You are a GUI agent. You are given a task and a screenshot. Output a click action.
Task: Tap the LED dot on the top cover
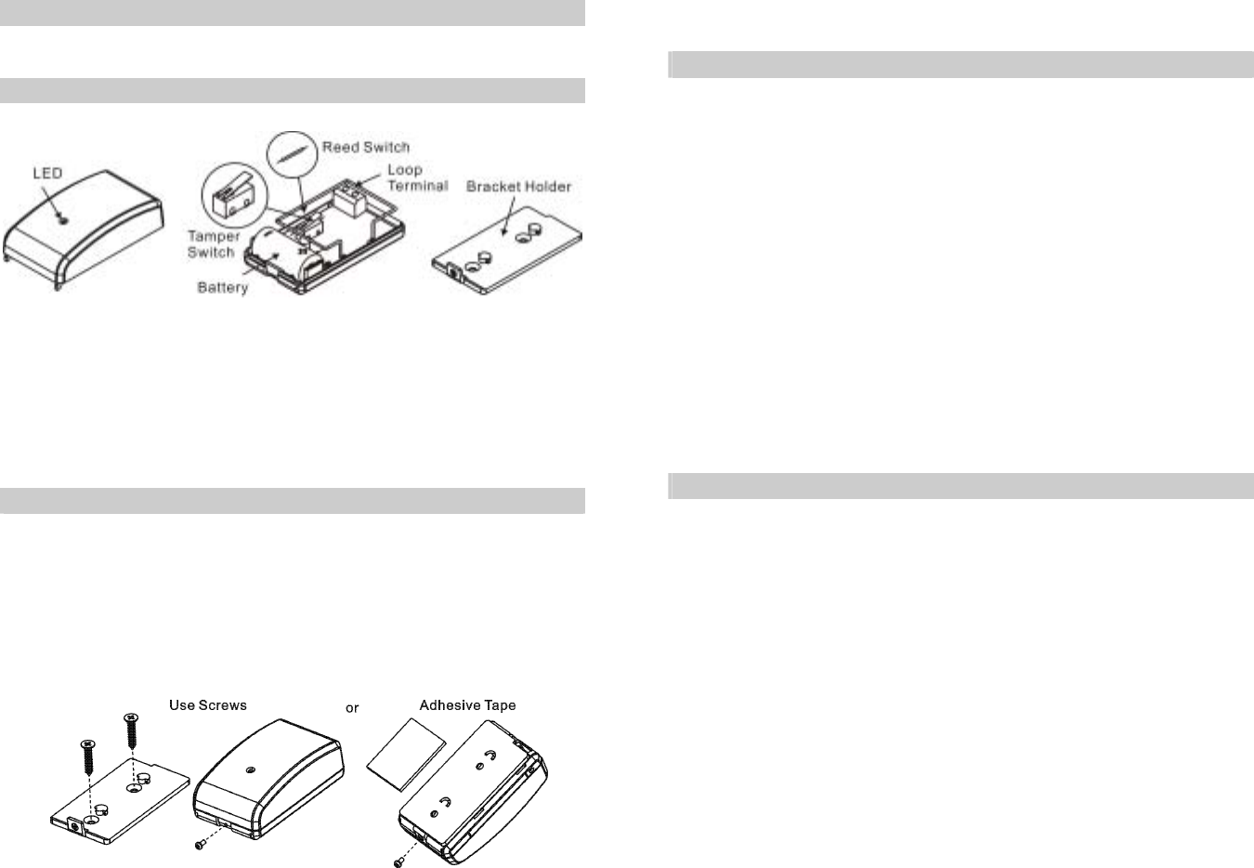[x=61, y=220]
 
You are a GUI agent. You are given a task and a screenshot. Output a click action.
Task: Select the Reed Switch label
[x=365, y=147]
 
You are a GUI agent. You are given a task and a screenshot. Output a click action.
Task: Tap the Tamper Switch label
[x=214, y=244]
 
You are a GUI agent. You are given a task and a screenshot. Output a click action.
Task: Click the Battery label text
[x=223, y=288]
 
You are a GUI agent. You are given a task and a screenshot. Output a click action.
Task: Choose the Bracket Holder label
[x=518, y=187]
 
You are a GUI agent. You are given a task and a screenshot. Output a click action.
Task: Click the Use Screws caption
[x=208, y=705]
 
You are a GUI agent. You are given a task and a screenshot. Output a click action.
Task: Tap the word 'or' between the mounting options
[x=352, y=708]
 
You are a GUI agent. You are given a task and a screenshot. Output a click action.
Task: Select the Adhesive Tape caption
[x=467, y=705]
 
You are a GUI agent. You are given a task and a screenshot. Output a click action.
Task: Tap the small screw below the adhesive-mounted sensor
[x=398, y=861]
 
